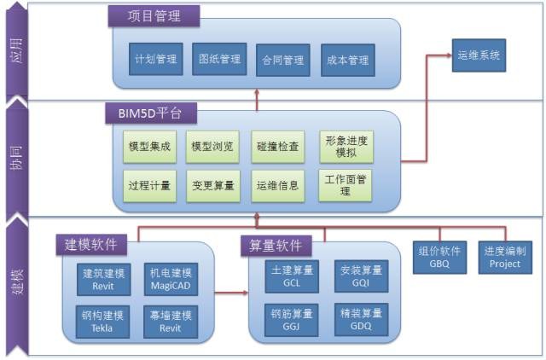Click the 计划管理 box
click(155, 60)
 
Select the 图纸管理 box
click(219, 60)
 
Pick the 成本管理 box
click(347, 61)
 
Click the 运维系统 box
click(478, 55)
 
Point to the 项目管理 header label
click(154, 15)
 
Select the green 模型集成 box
click(148, 146)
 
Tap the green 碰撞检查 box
click(278, 146)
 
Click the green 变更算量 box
click(212, 184)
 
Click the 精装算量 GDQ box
click(361, 318)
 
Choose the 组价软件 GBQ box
click(440, 257)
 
